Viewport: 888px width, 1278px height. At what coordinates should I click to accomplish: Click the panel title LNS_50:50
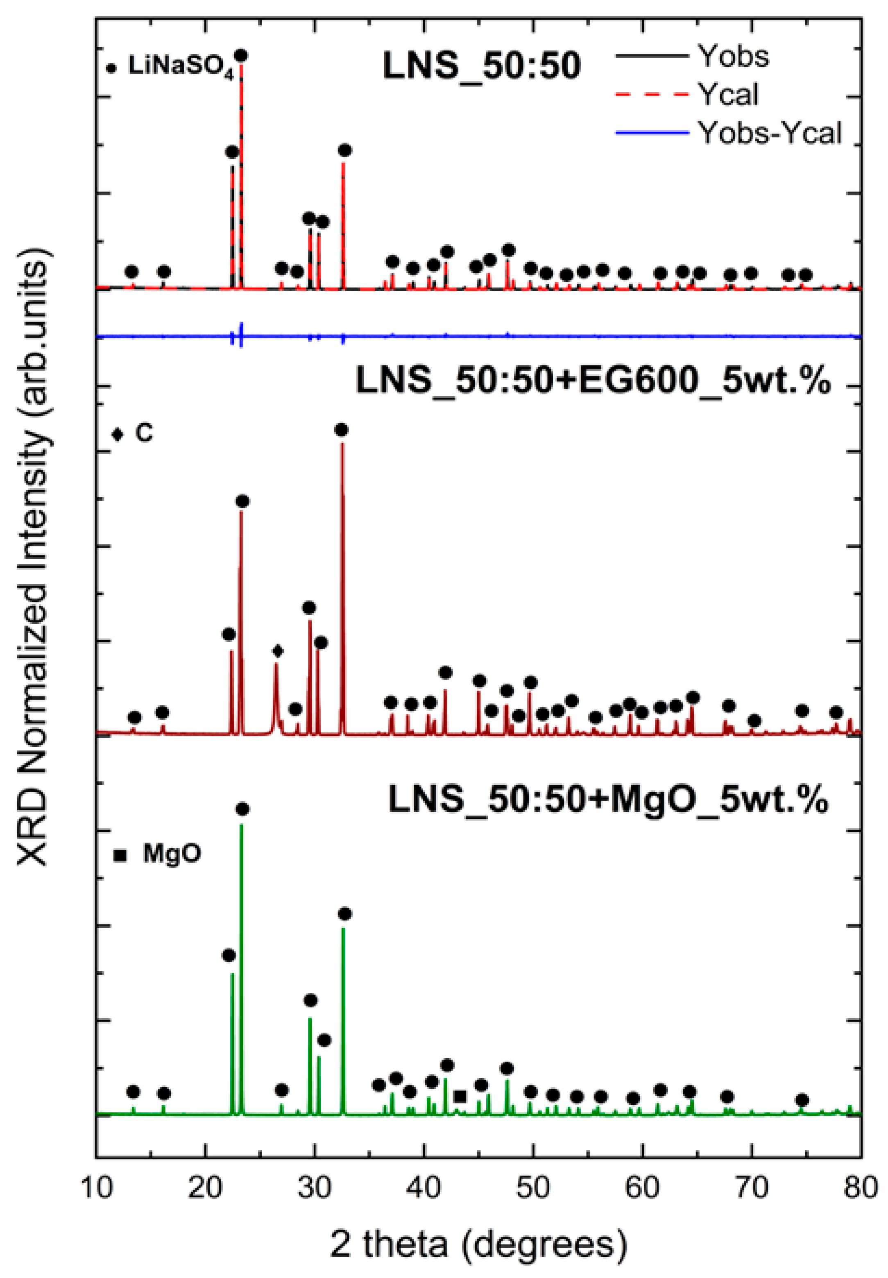click(482, 66)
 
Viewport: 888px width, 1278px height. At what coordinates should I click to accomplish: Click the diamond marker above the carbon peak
click(278, 650)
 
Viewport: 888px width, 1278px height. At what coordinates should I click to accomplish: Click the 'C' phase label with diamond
click(143, 433)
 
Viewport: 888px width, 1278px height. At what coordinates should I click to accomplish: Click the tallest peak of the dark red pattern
click(342, 445)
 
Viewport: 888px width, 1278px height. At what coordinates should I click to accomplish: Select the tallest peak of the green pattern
click(242, 826)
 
